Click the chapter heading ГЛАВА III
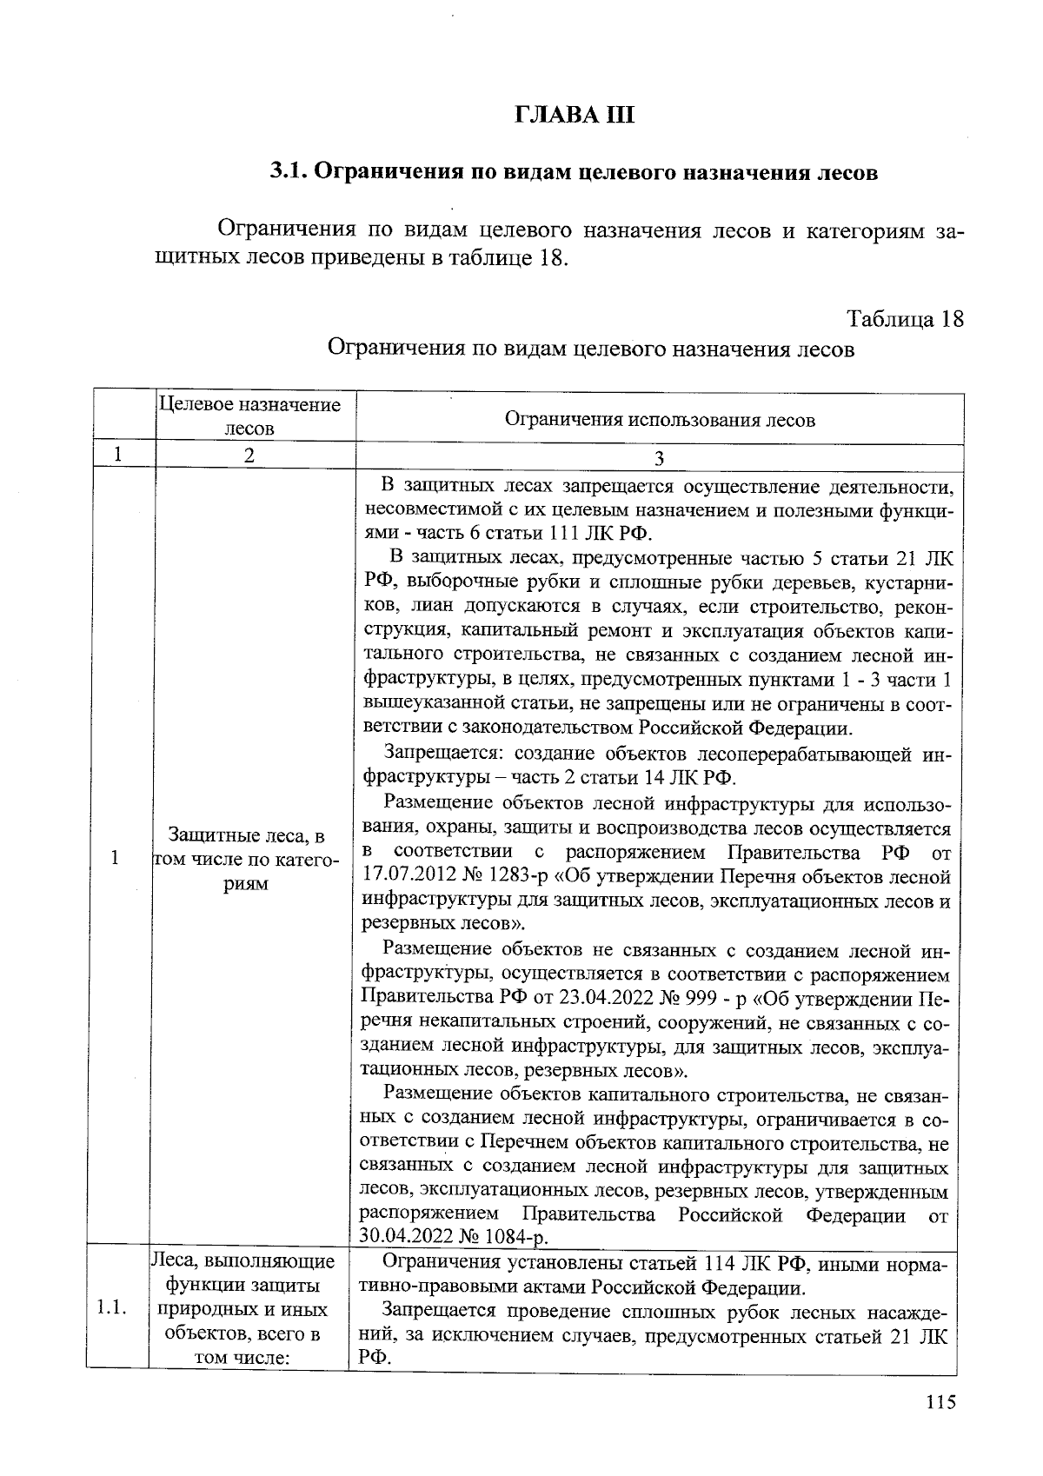[575, 114]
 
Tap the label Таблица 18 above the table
[905, 318]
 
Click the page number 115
[940, 1400]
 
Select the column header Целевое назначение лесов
[249, 416]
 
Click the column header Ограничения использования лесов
[660, 420]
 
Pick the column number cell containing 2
[249, 456]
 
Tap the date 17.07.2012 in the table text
[402, 876]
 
